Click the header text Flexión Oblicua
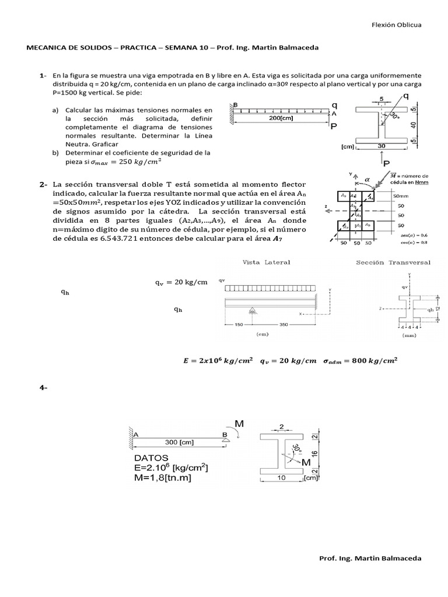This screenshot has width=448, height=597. [x=396, y=25]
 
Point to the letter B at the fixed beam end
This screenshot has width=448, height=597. [x=235, y=105]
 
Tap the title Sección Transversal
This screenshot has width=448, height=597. [x=394, y=262]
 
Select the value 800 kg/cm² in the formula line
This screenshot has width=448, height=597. [x=377, y=360]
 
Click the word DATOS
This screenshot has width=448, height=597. [x=150, y=457]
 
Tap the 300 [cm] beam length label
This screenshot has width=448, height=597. [x=180, y=443]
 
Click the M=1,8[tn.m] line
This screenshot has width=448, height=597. [x=163, y=478]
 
